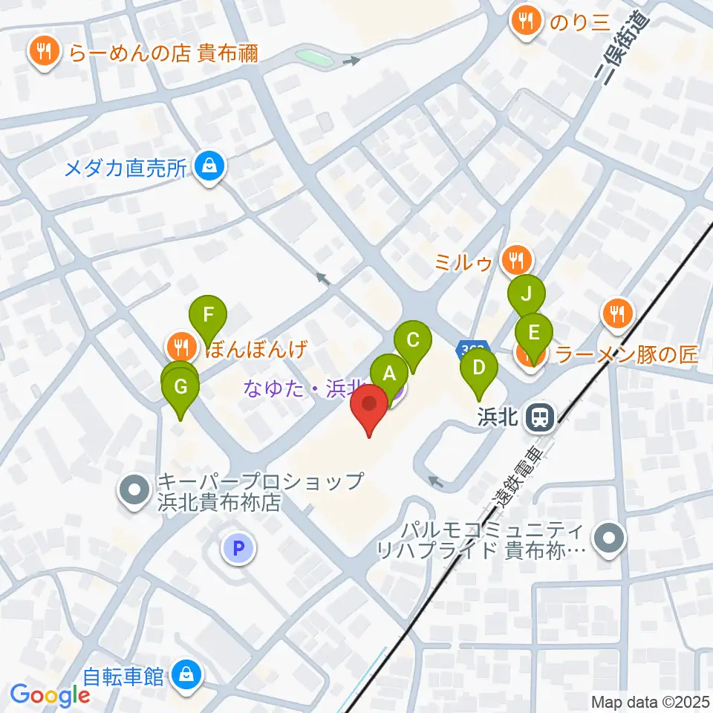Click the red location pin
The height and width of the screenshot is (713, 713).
click(x=369, y=408)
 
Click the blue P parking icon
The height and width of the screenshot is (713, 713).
click(x=238, y=549)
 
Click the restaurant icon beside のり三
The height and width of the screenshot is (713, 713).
click(x=527, y=21)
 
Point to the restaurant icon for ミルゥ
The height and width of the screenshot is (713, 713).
click(x=515, y=260)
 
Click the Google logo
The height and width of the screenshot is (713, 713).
click(x=50, y=695)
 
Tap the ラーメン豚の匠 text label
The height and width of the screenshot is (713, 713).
click(x=627, y=356)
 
